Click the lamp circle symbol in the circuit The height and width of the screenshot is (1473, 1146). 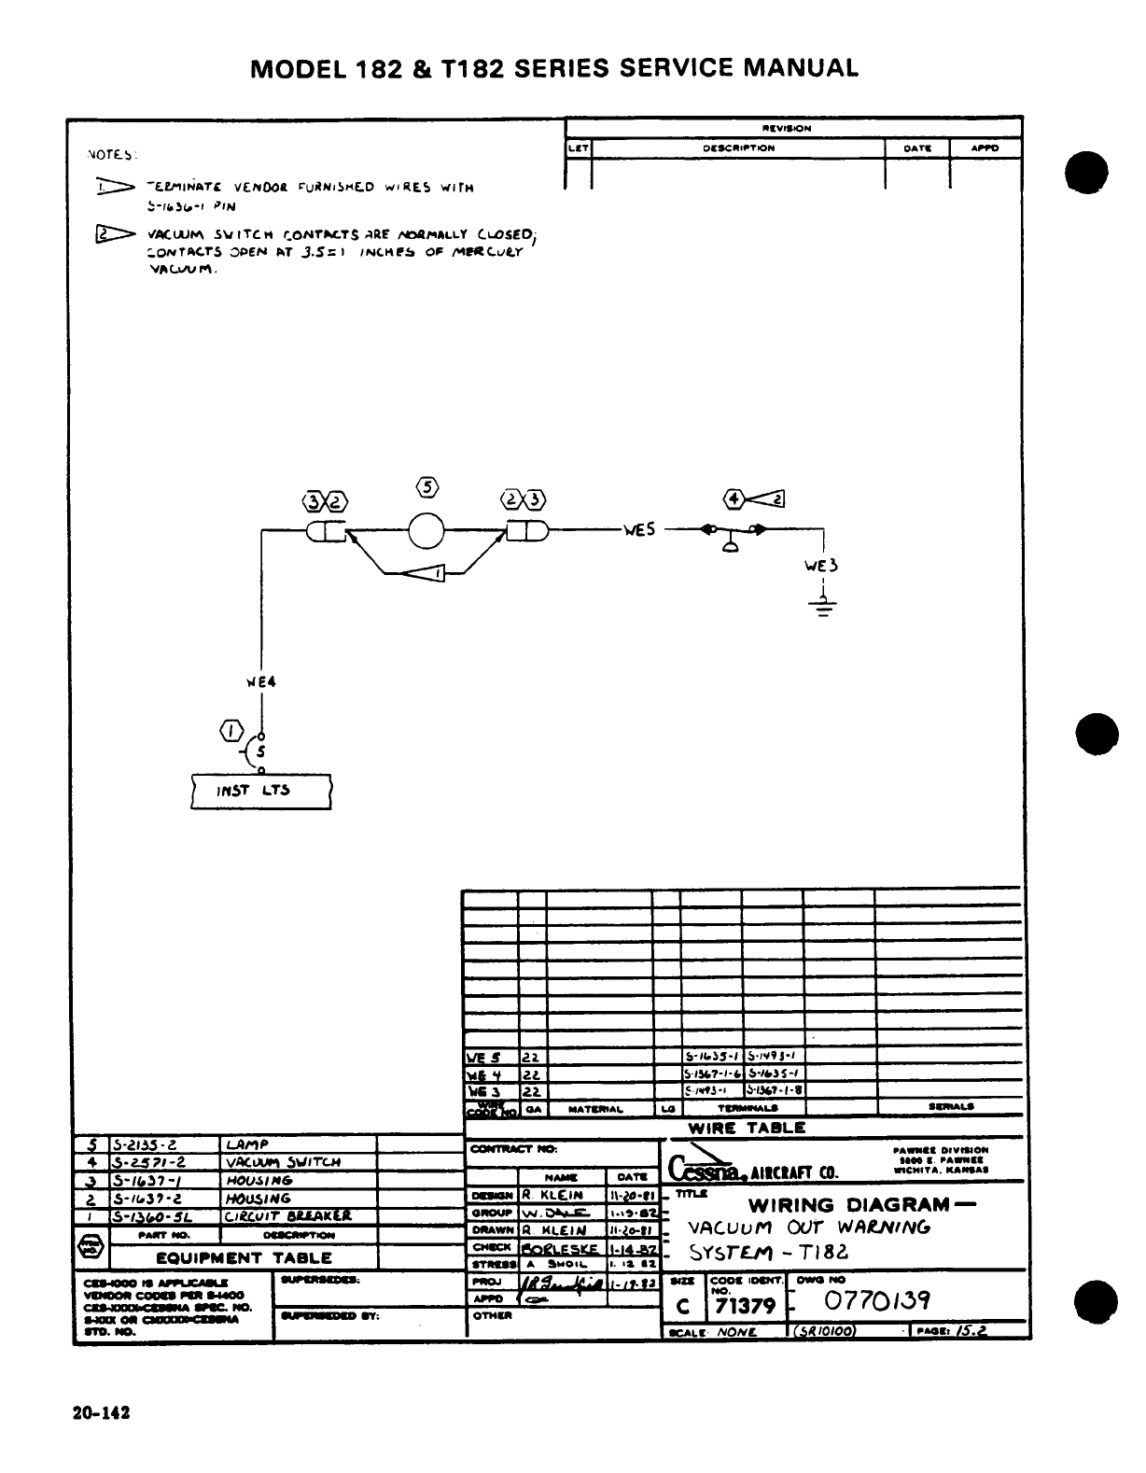pyautogui.click(x=427, y=533)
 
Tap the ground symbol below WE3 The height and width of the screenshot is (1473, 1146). pyautogui.click(x=822, y=608)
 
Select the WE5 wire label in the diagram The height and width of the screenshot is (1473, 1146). pyautogui.click(x=640, y=530)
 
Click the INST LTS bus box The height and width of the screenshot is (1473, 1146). pyautogui.click(x=260, y=791)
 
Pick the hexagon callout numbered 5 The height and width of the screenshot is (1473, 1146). pyautogui.click(x=427, y=486)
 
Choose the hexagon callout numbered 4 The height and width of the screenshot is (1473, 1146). pyautogui.click(x=736, y=498)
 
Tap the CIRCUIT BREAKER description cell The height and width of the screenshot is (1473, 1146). pyautogui.click(x=287, y=1216)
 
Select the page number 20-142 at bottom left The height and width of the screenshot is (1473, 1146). pyautogui.click(x=101, y=1413)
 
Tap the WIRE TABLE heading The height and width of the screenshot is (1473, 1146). pyautogui.click(x=747, y=1128)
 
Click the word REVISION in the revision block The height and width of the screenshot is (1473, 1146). pyautogui.click(x=787, y=128)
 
